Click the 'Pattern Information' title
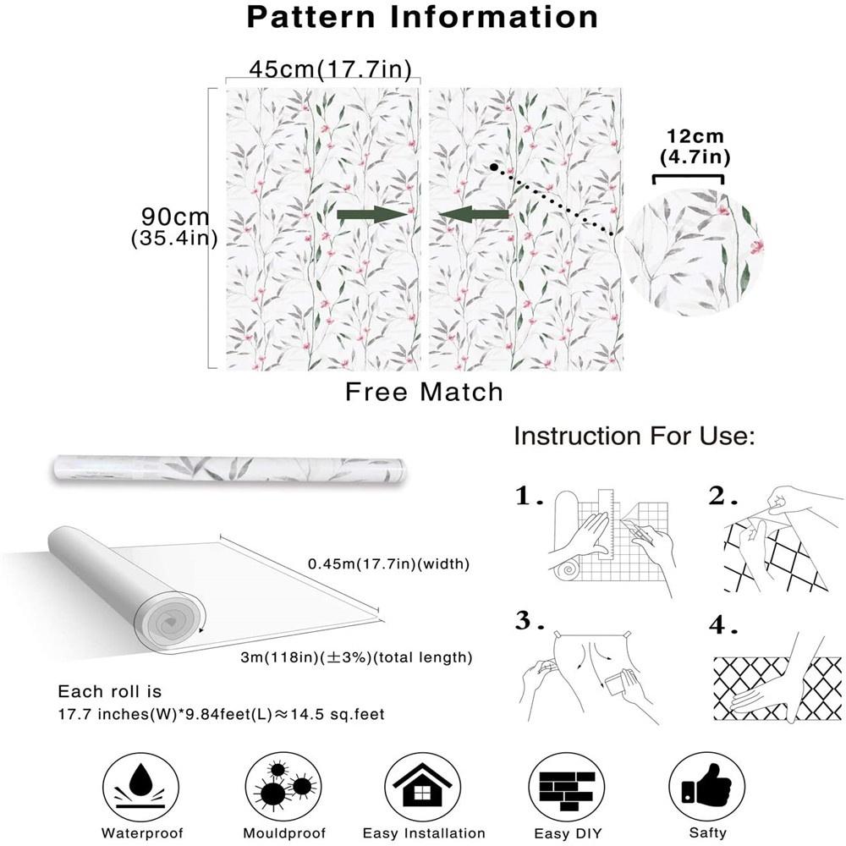click(x=422, y=17)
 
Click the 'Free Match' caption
click(x=424, y=393)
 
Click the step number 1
click(x=529, y=497)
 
